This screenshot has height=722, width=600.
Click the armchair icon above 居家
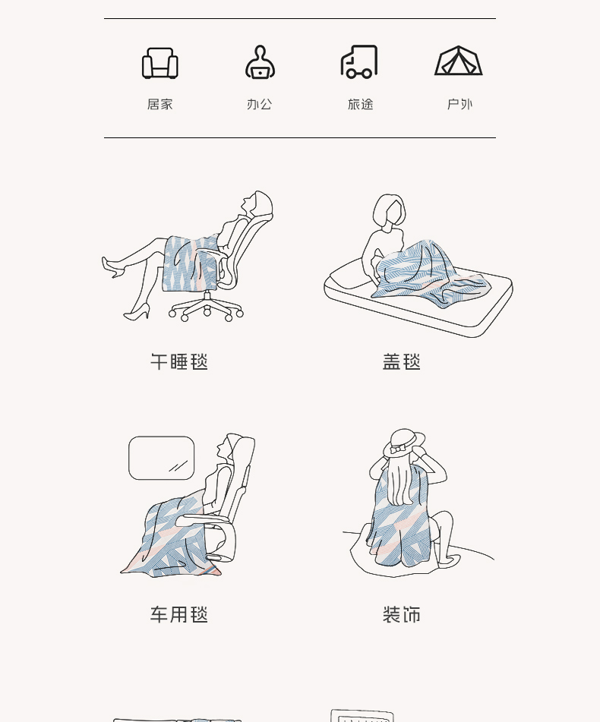point(159,63)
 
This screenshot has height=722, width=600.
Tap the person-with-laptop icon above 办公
point(261,62)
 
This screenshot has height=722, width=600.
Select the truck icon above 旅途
point(359,61)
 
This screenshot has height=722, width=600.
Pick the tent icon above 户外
point(459,61)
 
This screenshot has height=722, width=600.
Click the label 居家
point(159,105)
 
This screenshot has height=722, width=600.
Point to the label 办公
point(260,105)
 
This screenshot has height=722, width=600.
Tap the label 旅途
point(360,105)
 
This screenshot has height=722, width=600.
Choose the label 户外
point(459,105)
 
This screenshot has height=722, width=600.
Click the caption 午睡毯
point(179,362)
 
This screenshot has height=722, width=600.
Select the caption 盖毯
point(402,362)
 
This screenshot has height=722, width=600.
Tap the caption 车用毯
point(179,615)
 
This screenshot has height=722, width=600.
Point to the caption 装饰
point(402,615)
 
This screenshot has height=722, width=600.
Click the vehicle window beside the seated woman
point(161,458)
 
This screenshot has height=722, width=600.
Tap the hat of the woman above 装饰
point(404,443)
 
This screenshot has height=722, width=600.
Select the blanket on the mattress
point(431,273)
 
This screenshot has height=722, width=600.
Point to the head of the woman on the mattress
point(389,210)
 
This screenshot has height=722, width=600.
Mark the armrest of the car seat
point(203,520)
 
